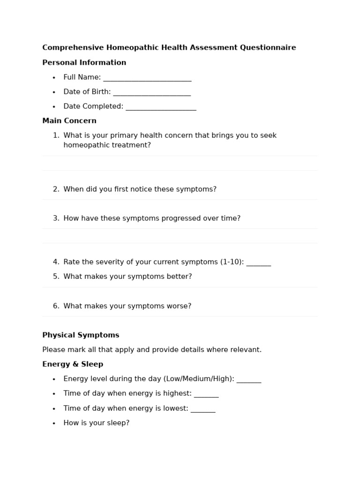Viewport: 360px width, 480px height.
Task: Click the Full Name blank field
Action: point(147,78)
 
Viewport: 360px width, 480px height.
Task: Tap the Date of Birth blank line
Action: point(152,92)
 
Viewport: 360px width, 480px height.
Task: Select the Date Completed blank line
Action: point(161,107)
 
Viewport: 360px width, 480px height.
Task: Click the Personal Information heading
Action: point(84,63)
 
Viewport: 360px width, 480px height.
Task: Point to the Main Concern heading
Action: point(69,121)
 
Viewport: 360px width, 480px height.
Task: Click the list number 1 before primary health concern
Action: point(56,135)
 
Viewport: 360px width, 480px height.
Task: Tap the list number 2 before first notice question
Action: point(56,189)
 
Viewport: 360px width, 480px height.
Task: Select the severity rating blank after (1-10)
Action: point(259,262)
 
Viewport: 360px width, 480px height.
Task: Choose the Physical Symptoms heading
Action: point(81,335)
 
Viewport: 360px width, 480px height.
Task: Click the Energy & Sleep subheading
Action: point(73,364)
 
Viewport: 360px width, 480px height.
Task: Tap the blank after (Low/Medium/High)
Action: point(249,379)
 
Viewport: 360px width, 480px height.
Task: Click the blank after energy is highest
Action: point(206,394)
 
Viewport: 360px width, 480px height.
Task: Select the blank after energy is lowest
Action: point(203,409)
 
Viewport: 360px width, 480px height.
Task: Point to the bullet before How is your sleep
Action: point(54,423)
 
